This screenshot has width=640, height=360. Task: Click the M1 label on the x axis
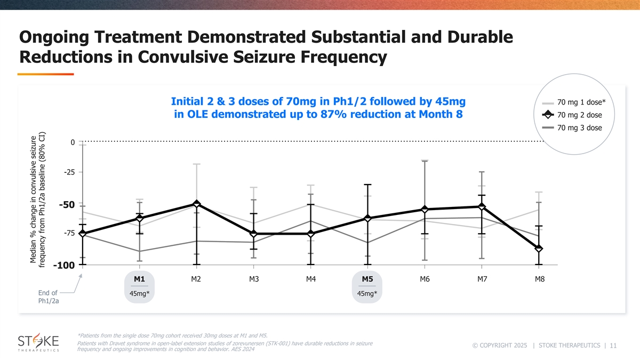139,279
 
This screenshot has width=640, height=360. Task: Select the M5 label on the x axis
367,279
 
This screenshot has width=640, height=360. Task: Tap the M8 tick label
539,279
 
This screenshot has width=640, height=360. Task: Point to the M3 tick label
253,279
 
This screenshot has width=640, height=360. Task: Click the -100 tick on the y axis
63,265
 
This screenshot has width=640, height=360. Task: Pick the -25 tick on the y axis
68,172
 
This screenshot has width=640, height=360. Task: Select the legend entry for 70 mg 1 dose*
578,102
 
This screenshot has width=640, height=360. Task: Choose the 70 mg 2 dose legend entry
578,115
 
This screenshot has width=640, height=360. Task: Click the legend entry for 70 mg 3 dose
578,127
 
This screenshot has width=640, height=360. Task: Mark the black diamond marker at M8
539,249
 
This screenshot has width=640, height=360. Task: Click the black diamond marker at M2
197,204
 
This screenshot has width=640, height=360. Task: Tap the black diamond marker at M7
482,206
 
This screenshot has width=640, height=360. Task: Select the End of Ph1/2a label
49,297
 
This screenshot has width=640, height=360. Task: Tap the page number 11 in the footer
613,346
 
